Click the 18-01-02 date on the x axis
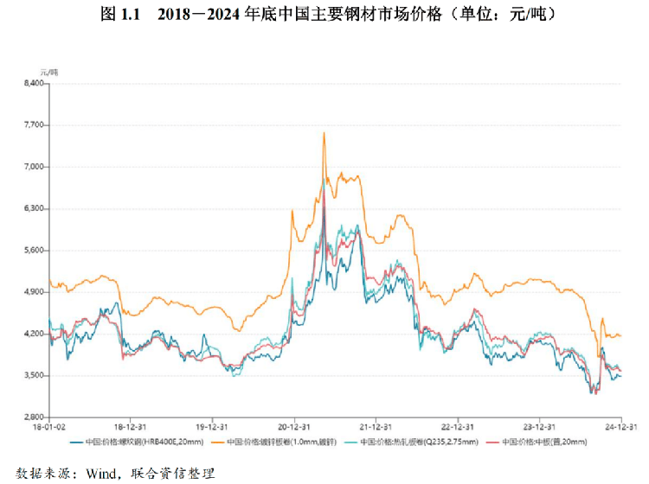tap(48, 427)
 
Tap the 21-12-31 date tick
tap(376, 427)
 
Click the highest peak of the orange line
tap(324, 132)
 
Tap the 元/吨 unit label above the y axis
tap(48, 69)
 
